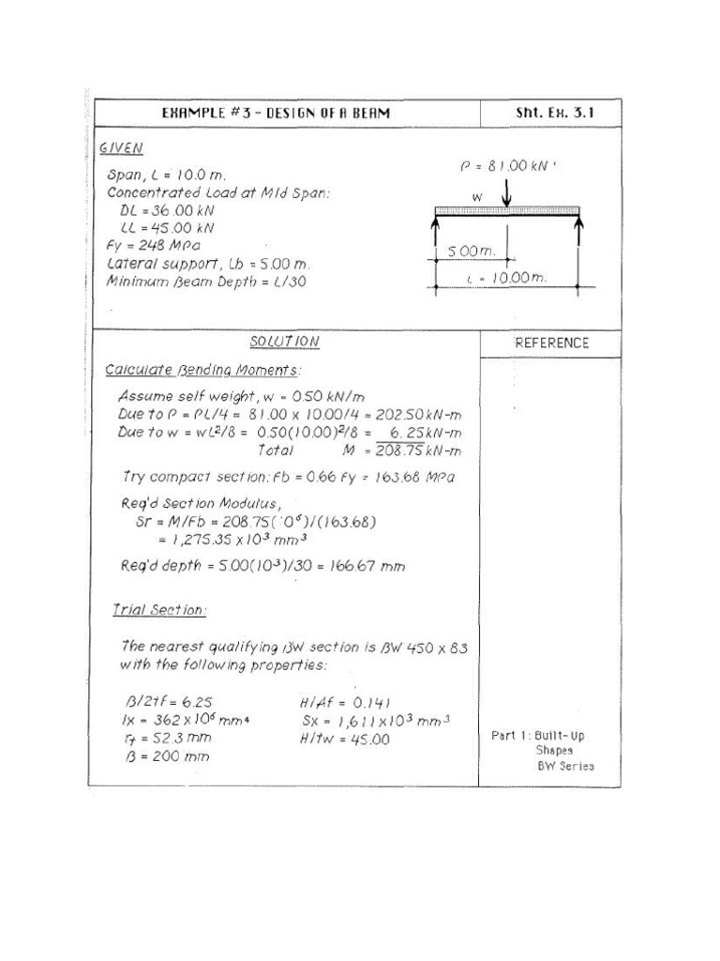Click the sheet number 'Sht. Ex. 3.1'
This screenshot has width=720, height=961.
(554, 114)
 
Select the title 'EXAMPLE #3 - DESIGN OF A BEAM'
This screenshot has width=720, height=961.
(276, 114)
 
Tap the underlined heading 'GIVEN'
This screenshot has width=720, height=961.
(121, 148)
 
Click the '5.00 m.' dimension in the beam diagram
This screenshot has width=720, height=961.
(471, 252)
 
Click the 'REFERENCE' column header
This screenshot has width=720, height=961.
(551, 343)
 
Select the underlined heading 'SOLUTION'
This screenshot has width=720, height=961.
(285, 343)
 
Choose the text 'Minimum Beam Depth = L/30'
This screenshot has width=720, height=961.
(206, 281)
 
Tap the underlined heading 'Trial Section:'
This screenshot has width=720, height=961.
(159, 610)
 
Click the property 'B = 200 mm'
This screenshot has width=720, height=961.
(167, 756)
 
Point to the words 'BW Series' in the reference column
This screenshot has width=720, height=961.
(565, 766)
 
